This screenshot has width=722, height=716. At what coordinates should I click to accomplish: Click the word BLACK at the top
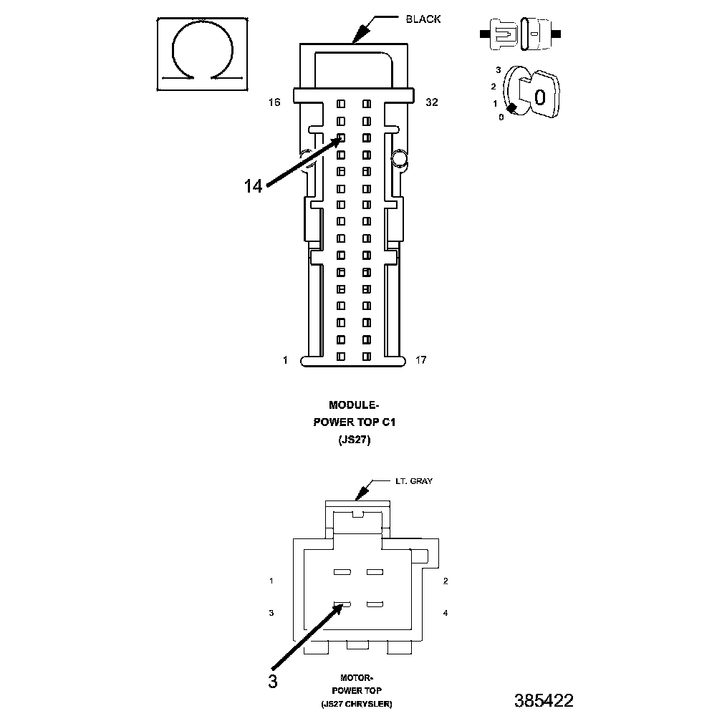[423, 19]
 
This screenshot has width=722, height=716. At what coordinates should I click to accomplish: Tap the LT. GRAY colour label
[414, 482]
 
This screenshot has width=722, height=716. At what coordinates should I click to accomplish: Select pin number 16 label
[274, 103]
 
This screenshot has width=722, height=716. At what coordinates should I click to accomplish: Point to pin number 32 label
[431, 103]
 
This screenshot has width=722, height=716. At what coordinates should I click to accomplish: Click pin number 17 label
[421, 360]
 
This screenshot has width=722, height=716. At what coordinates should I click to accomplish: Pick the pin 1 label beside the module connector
[285, 360]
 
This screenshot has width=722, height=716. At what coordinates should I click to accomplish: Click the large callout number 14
[253, 186]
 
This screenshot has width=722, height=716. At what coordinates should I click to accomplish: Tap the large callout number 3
[272, 681]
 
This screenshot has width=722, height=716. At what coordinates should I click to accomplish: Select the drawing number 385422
[544, 700]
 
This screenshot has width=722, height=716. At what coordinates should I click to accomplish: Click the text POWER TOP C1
[355, 422]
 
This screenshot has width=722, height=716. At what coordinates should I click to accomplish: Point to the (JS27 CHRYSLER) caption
[356, 705]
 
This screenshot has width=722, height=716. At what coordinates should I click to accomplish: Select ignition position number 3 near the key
[497, 70]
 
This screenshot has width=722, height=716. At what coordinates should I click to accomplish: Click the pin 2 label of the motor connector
[446, 581]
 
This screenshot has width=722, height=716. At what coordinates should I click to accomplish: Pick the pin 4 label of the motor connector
[446, 613]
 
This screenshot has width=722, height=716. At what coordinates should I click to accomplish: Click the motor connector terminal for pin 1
[342, 573]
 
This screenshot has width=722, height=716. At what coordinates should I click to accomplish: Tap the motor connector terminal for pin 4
[375, 605]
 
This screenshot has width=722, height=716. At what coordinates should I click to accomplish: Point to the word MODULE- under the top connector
[355, 405]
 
